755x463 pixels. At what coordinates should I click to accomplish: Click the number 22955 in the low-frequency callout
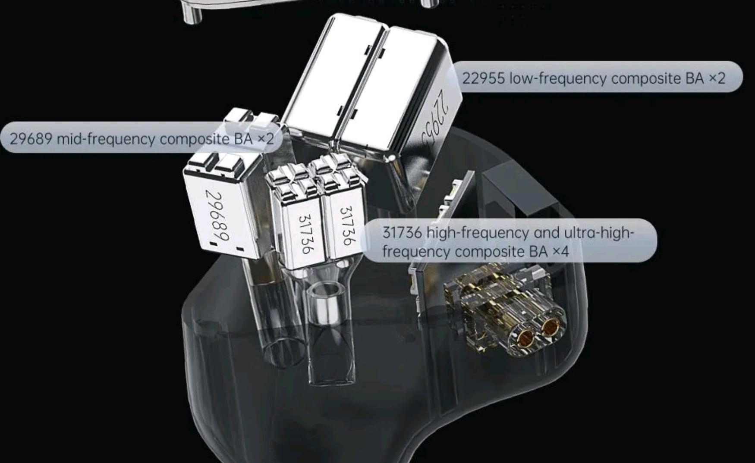pyautogui.click(x=483, y=78)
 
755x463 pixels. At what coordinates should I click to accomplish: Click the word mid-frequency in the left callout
pyautogui.click(x=106, y=139)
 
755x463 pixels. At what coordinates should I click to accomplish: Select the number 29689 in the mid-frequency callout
pyautogui.click(x=31, y=139)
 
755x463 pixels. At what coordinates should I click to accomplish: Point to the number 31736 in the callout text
pyautogui.click(x=402, y=233)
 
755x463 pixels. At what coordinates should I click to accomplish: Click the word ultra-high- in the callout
pyautogui.click(x=599, y=233)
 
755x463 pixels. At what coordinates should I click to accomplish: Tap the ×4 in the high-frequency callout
pyautogui.click(x=561, y=251)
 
